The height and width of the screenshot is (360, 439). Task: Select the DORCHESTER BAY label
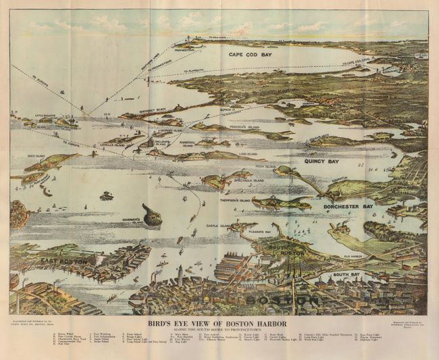pos(348,206)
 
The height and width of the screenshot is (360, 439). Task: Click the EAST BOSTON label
pos(64,260)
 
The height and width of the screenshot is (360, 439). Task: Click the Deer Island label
pos(35,156)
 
